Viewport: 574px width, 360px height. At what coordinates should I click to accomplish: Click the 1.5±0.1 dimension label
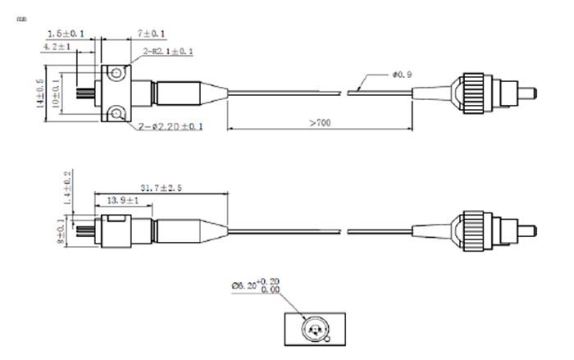pyautogui.click(x=66, y=34)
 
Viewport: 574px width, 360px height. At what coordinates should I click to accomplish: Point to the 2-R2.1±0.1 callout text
pyautogui.click(x=168, y=52)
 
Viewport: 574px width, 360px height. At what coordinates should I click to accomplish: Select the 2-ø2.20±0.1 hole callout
pyautogui.click(x=172, y=125)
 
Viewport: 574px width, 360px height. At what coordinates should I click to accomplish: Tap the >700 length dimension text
pyautogui.click(x=321, y=122)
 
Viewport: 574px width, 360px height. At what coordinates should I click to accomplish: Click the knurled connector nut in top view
pyautogui.click(x=471, y=92)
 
